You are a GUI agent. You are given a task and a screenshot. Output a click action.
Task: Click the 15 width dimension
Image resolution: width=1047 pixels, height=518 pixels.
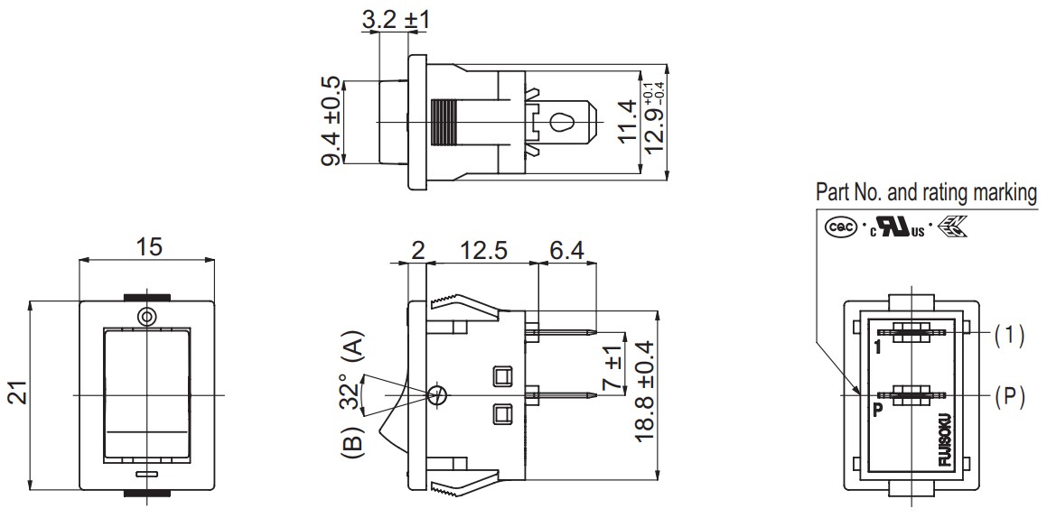pos(149,246)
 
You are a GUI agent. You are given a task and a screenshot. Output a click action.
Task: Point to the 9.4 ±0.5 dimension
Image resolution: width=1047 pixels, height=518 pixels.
pos(332,122)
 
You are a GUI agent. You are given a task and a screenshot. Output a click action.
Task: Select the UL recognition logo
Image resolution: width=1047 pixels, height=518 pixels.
pos(898,228)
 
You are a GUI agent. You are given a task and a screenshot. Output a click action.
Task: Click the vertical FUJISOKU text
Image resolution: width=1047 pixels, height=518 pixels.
pos(946,440)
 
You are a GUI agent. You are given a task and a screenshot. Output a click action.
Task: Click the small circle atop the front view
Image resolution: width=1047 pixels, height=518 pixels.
pos(145,316)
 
